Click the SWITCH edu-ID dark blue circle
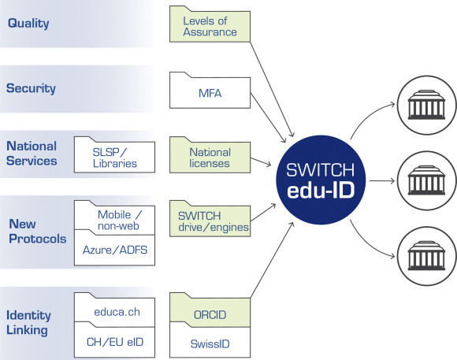(321, 180)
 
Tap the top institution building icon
(426, 105)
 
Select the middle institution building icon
(426, 180)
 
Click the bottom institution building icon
(426, 256)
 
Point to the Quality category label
(28, 24)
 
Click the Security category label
(31, 88)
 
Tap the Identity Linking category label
(28, 322)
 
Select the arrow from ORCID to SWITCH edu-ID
(272, 260)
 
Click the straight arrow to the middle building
(382, 180)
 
